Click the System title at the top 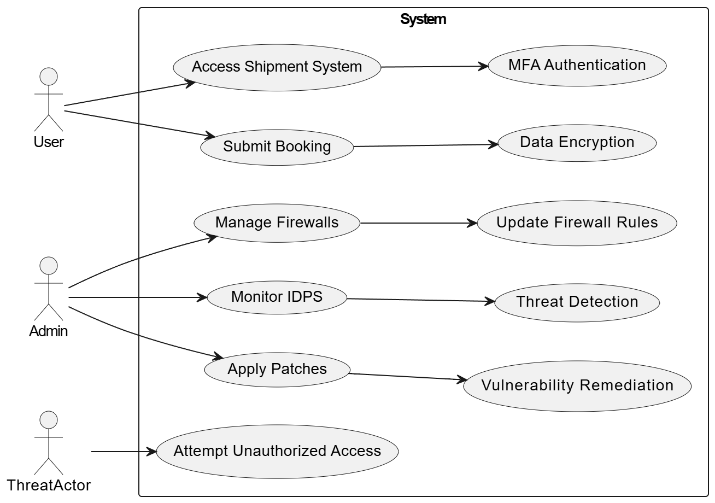click(423, 19)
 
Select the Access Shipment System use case click(277, 68)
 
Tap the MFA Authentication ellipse click(577, 66)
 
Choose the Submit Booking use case click(277, 148)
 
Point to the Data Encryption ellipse click(577, 143)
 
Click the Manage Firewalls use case click(277, 223)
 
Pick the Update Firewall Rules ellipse click(577, 223)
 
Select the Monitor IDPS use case click(277, 297)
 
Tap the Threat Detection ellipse click(577, 303)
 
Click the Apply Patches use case click(277, 370)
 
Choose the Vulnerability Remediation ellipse click(577, 386)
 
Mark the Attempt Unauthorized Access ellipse click(277, 452)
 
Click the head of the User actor click(49, 77)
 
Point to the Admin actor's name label click(49, 331)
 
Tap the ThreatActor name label click(49, 486)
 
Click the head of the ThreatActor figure click(49, 420)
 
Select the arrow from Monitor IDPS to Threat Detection click(421, 300)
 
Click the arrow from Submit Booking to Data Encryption click(426, 145)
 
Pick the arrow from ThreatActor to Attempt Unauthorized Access click(124, 452)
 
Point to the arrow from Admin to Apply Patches click(140, 335)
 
